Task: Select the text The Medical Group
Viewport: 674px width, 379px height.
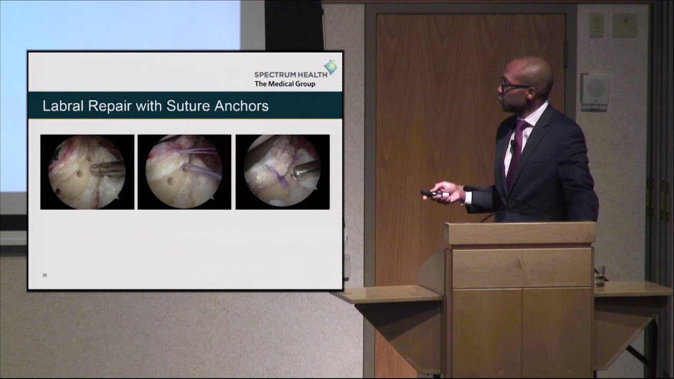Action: coord(285,84)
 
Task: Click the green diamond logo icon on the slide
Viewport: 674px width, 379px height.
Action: coord(330,67)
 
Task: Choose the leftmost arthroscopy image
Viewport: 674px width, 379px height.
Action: coord(87,172)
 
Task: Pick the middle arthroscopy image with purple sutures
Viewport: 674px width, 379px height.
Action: coord(184,172)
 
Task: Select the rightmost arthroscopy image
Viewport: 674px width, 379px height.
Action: coord(282,172)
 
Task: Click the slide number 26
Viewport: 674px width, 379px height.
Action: coord(45,275)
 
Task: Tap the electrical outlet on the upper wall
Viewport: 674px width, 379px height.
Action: coord(597,25)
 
